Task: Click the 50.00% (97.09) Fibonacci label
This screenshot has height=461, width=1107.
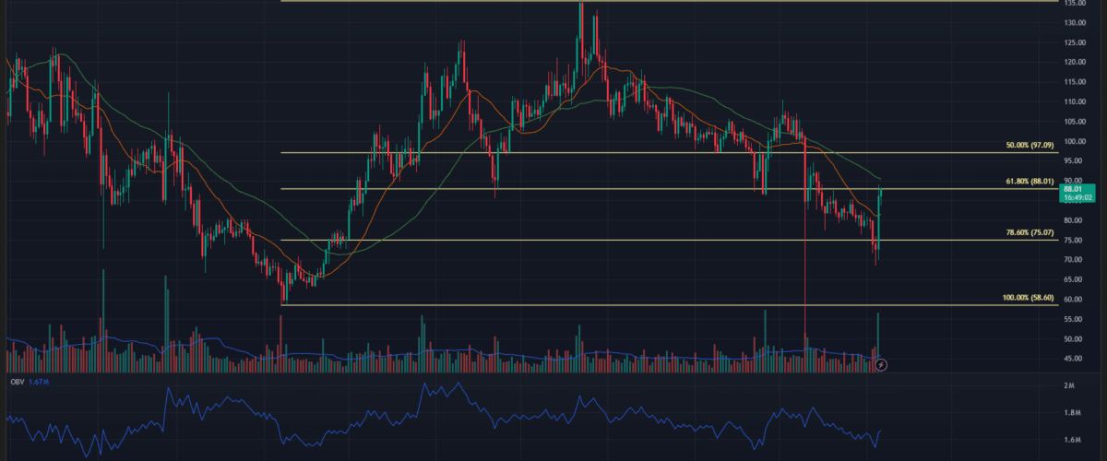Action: point(1030,146)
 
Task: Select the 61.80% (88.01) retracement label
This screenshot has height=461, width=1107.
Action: point(1030,182)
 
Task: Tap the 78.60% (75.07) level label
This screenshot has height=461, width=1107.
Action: point(1030,233)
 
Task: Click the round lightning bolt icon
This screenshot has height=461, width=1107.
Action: point(881,365)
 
